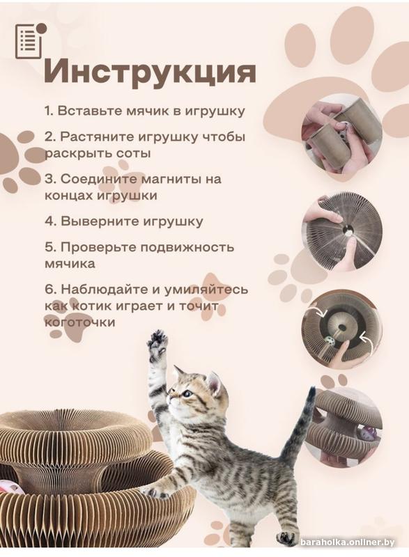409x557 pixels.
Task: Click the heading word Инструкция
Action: (150, 72)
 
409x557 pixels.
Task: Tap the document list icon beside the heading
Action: (31, 41)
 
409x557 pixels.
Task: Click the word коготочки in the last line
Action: (79, 322)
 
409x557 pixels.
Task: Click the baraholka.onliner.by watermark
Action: (348, 542)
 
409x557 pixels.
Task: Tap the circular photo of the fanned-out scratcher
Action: (342, 232)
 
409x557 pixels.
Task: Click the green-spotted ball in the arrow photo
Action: (330, 343)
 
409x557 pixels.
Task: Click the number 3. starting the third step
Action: (50, 179)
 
